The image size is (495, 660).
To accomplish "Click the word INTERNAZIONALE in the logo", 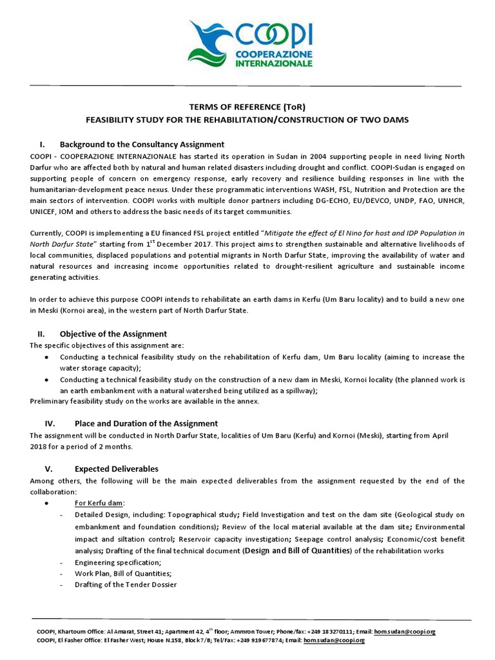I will coord(273,64).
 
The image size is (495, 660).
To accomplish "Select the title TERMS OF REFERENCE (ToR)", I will coord(247,107).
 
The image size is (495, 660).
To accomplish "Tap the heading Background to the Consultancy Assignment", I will coord(142,144).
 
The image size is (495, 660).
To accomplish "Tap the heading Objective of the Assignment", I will coord(113,334).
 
